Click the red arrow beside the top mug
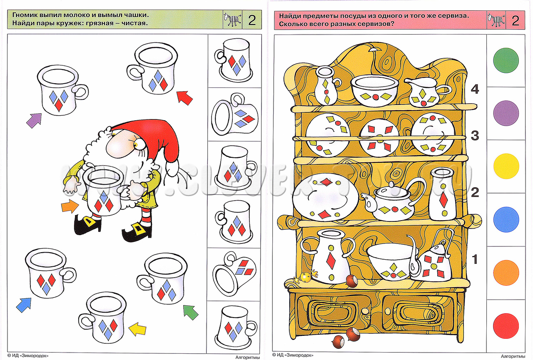click(184, 98)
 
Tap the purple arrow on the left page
click(34, 121)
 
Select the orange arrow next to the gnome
click(70, 206)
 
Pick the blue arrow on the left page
click(24, 305)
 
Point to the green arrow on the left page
click(191, 312)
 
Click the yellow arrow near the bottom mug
click(137, 329)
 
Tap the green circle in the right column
click(506, 60)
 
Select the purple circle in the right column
click(506, 113)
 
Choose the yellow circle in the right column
click(506, 166)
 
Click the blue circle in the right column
click(506, 219)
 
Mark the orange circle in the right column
click(506, 273)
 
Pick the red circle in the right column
click(506, 326)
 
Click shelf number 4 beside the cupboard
click(475, 89)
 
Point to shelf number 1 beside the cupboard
click(475, 259)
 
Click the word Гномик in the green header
click(27, 15)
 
